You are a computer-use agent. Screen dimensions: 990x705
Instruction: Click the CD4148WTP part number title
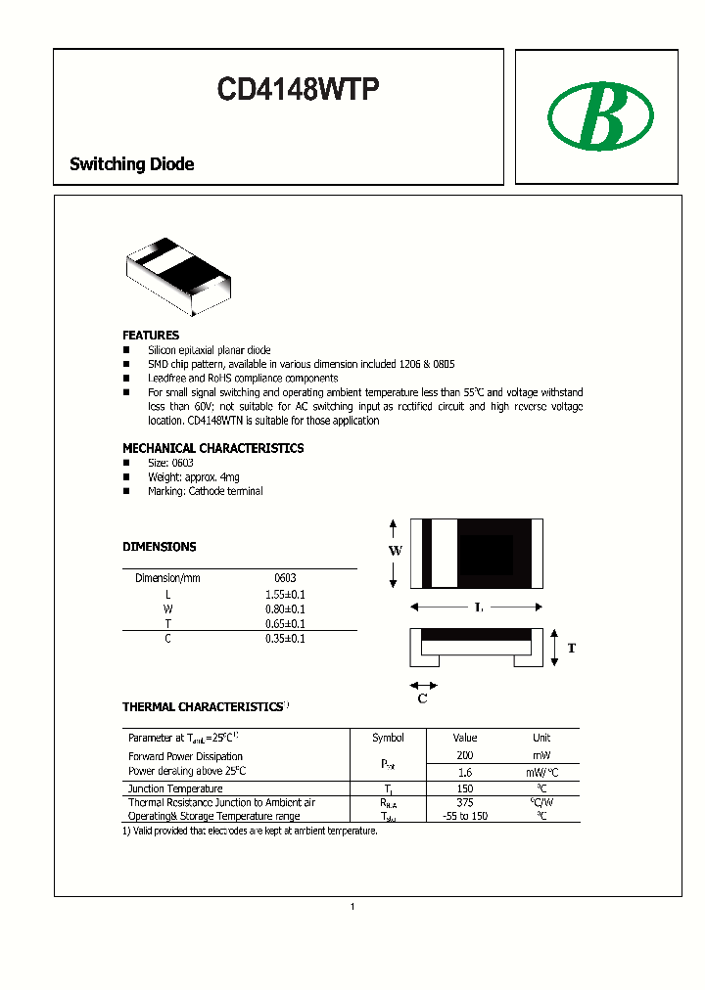298,90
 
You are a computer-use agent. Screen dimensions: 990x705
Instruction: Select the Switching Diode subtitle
131,164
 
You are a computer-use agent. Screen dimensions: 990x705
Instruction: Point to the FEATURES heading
150,335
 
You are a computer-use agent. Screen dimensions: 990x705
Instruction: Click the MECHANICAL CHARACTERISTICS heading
212,448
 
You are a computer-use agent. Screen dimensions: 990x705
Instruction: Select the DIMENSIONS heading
159,547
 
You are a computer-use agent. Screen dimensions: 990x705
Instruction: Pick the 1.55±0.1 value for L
285,594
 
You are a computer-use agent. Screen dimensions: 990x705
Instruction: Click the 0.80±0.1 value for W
285,608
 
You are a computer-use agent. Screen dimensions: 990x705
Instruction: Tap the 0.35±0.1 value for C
285,639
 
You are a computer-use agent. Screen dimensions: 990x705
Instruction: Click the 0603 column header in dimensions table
285,578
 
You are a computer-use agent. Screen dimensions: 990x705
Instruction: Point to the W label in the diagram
395,552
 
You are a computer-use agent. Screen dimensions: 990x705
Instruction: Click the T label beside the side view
572,649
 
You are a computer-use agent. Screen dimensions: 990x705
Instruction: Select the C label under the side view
423,698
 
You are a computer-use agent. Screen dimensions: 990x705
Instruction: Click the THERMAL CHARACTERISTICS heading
202,706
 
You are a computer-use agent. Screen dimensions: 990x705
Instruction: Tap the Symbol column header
388,738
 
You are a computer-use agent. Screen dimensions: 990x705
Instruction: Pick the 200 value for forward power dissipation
465,756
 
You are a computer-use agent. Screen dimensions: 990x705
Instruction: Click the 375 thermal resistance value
465,802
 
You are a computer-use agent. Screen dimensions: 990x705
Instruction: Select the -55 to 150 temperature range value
465,816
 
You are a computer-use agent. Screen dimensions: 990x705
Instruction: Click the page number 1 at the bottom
352,907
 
